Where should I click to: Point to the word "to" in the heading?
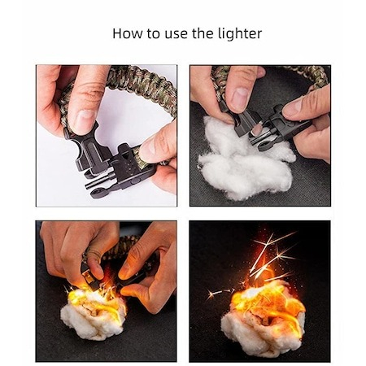154,34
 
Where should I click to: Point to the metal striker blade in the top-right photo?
256,131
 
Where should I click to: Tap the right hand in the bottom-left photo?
148,268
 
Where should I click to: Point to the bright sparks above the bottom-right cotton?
268,255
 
